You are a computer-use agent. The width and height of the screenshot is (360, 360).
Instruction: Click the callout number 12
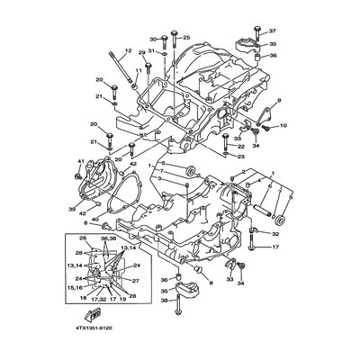pyautogui.click(x=128, y=50)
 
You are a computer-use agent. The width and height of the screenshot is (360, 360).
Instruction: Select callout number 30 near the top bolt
pyautogui.click(x=153, y=40)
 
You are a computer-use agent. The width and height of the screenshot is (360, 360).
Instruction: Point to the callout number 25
pyautogui.click(x=187, y=38)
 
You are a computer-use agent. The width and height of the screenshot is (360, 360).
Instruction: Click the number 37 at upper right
pyautogui.click(x=273, y=31)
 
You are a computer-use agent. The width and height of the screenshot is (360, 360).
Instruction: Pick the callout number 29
pyautogui.click(x=142, y=53)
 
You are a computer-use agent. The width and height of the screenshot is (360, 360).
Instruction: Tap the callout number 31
pyautogui.click(x=152, y=52)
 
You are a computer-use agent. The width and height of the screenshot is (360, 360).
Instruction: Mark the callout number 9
pyautogui.click(x=279, y=100)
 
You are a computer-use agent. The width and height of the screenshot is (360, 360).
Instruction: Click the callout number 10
pyautogui.click(x=283, y=126)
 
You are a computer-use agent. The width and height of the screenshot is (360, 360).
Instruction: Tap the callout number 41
pyautogui.click(x=80, y=161)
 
